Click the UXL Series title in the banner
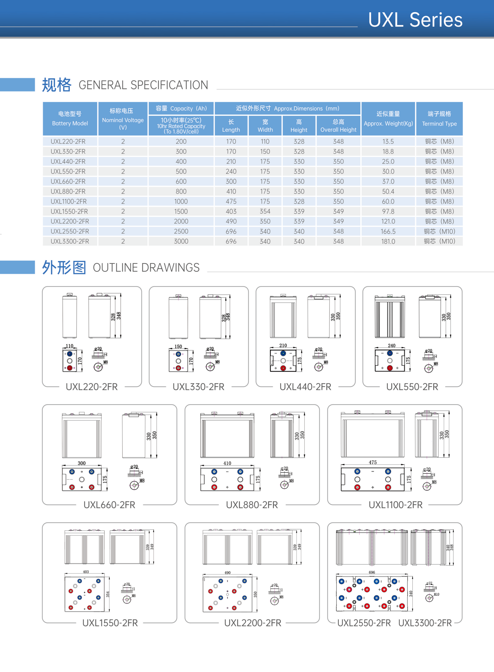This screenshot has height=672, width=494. (x=415, y=20)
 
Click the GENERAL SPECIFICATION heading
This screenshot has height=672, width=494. (x=143, y=85)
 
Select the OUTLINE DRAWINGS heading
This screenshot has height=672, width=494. (x=146, y=267)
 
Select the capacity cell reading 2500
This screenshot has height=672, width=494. (x=181, y=231)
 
